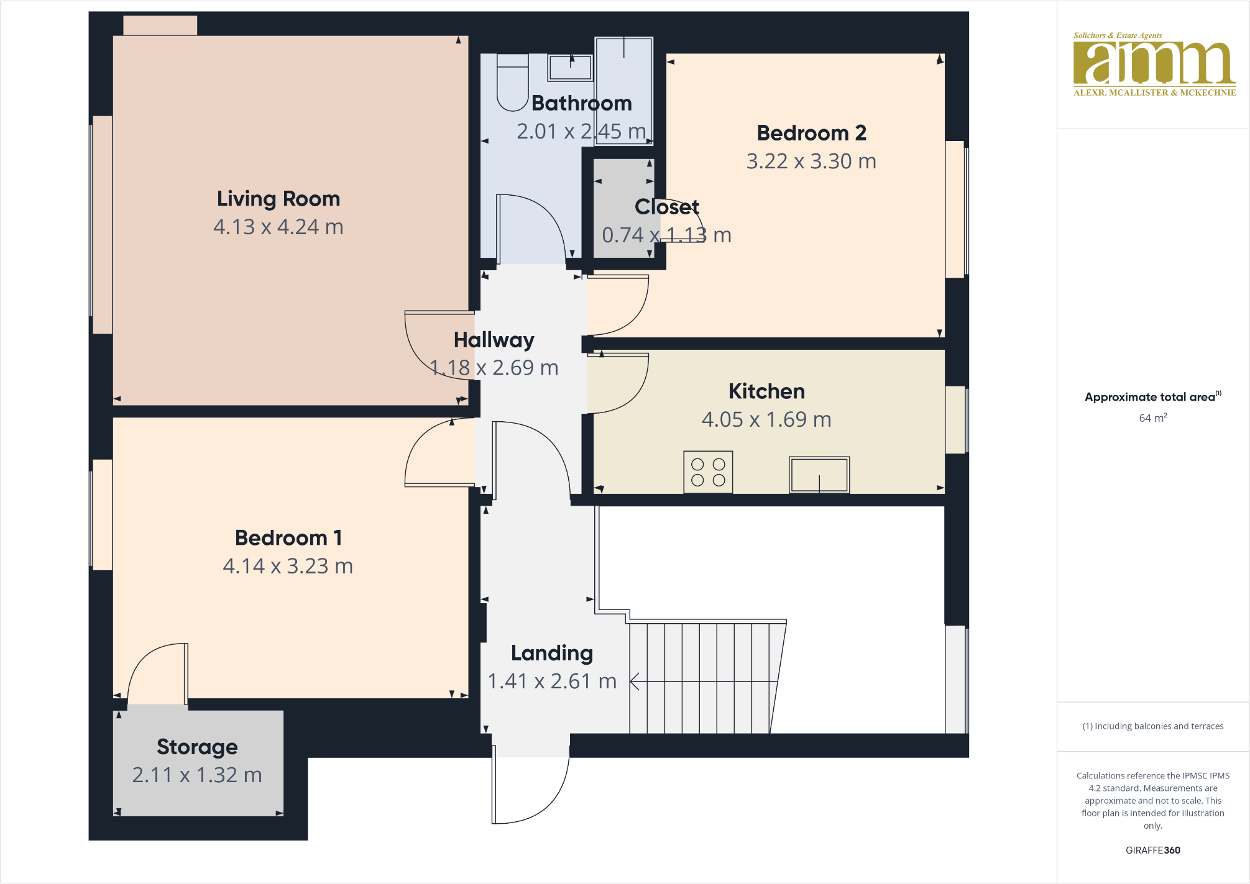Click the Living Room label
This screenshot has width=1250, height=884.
click(278, 199)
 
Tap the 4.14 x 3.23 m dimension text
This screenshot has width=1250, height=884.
click(288, 566)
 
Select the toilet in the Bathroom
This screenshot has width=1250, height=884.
click(513, 83)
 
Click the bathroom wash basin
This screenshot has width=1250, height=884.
click(570, 68)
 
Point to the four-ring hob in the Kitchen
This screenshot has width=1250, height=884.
click(708, 472)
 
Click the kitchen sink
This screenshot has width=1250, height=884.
click(819, 475)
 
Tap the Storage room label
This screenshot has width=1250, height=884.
click(197, 747)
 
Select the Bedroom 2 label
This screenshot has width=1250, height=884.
click(811, 133)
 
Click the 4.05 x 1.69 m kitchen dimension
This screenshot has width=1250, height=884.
click(766, 419)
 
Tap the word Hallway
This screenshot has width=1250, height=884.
click(494, 340)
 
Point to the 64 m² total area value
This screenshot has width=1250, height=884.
click(1152, 418)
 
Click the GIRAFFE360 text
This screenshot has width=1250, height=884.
click(1152, 850)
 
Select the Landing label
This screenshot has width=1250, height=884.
click(551, 653)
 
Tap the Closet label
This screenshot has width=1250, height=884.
click(666, 207)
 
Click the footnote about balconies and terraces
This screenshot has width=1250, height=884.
click(1152, 726)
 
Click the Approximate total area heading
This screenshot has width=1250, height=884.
click(1150, 397)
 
